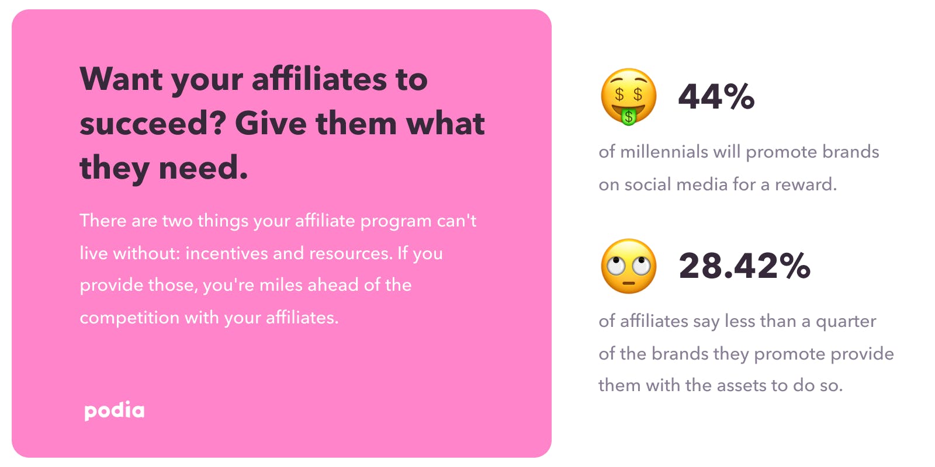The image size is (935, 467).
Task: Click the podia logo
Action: coord(115,411)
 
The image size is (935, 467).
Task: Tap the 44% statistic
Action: coord(716,96)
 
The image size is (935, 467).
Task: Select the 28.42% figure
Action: coord(744,266)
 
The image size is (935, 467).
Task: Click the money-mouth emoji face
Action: coord(629,96)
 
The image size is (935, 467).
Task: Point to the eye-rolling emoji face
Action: coord(629,266)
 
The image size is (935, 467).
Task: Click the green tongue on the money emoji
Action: coord(629,117)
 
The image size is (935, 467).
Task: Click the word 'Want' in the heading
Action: coord(121,79)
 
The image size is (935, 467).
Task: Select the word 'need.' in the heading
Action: coord(203,168)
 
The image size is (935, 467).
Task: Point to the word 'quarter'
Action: coord(846,322)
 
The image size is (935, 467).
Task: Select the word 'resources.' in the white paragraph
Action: coord(351,253)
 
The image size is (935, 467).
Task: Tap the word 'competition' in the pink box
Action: coord(130,318)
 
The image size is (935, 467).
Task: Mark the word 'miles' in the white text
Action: coord(278,285)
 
